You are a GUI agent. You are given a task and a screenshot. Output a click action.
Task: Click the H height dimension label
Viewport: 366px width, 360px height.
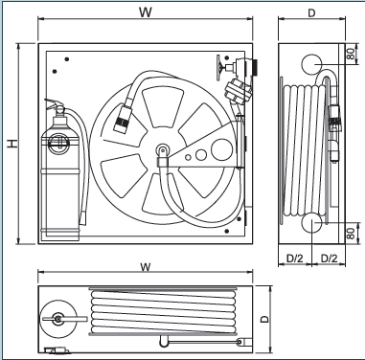tap(12, 144)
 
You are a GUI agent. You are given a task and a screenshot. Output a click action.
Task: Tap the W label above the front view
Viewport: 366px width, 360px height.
tap(146, 12)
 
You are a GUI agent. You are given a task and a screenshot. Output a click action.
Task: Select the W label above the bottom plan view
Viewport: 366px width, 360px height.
tap(146, 267)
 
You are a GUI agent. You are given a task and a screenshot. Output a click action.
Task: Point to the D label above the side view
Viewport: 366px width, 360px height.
tap(311, 13)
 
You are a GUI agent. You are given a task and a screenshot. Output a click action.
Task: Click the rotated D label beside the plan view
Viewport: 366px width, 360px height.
tap(264, 319)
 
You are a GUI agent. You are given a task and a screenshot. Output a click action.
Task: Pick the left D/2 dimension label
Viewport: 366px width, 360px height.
tap(294, 259)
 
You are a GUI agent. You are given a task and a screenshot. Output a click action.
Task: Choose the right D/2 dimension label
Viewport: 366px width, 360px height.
tap(329, 259)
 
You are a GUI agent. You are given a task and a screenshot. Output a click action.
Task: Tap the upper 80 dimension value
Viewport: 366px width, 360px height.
tap(351, 54)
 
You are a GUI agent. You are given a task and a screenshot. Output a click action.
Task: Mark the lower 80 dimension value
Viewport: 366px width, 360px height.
tap(351, 234)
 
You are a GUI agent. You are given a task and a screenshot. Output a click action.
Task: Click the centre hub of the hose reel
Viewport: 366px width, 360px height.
tap(163, 149)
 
